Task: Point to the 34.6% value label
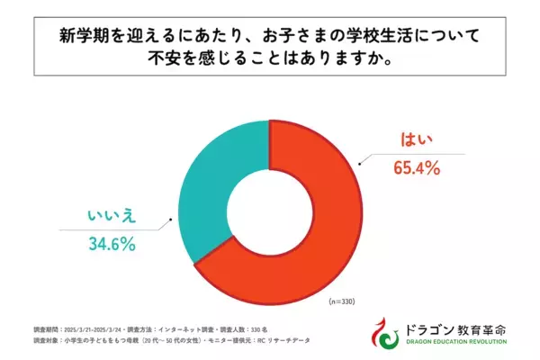(112, 243)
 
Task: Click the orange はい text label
(415, 140)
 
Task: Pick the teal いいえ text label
(111, 217)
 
